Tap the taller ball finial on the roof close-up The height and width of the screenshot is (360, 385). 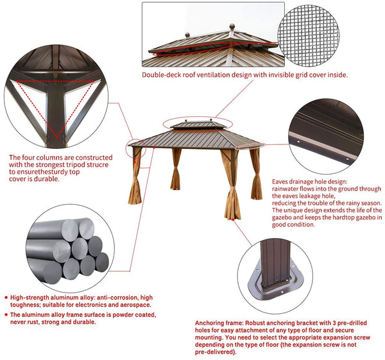[232, 26]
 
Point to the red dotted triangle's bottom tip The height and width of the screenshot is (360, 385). [56, 137]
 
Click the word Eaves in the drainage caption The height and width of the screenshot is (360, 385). [280, 182]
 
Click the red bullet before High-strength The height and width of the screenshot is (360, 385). [6, 298]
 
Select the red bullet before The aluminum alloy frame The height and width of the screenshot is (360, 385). [6, 315]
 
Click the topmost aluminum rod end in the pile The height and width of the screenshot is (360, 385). [86, 228]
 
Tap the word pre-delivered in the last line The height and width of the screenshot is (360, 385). [214, 352]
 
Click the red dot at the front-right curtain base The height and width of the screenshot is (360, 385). [233, 219]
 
